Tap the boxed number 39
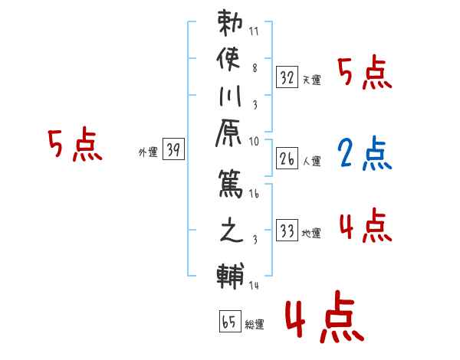[x=173, y=151]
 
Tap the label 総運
[x=255, y=325]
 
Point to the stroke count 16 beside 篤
[x=254, y=195]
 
